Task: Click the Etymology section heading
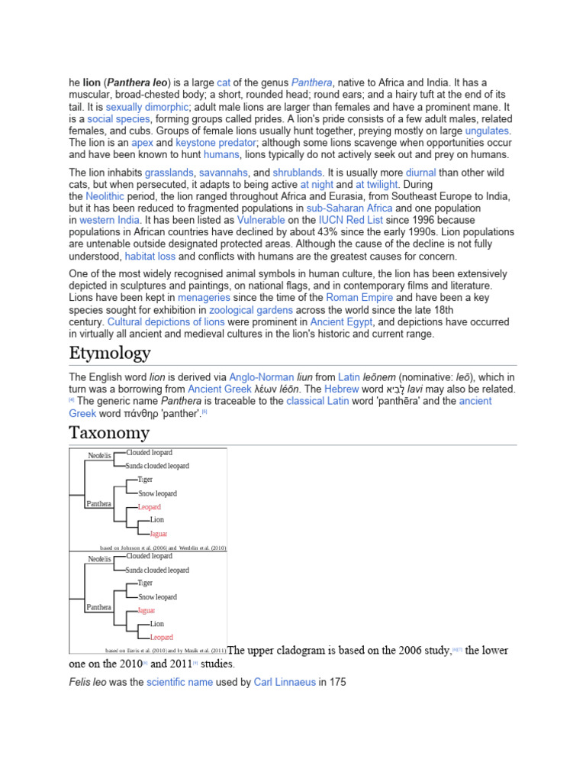110,354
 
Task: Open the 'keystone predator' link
206,143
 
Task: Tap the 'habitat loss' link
150,256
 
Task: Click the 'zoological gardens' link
252,310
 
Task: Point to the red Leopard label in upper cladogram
150,507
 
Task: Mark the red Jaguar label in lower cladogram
146,610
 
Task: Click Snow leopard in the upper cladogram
157,493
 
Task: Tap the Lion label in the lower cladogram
156,624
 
